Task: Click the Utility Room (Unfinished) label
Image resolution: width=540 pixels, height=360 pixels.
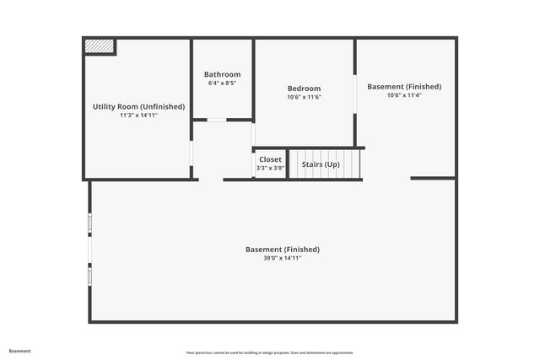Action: (x=138, y=106)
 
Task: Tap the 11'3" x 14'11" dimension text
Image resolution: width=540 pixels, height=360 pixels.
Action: (x=138, y=115)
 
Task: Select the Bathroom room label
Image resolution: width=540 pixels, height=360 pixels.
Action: (x=222, y=74)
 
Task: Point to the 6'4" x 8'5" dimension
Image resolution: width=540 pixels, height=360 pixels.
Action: (x=222, y=83)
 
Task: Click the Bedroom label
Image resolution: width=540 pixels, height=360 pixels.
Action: (x=304, y=89)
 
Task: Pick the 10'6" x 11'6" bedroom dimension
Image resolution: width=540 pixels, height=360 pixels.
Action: (x=304, y=97)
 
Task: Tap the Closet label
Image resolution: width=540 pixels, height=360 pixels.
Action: (x=271, y=159)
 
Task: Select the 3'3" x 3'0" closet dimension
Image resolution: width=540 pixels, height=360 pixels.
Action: (x=271, y=168)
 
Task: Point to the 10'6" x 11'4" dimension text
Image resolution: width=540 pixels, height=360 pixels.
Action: (x=404, y=95)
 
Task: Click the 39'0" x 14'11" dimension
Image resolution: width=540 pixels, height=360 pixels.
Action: (x=283, y=258)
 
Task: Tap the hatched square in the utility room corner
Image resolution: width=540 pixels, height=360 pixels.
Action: (x=100, y=47)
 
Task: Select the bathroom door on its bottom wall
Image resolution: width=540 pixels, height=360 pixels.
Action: (x=217, y=120)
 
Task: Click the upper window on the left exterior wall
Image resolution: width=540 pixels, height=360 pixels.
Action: (x=89, y=223)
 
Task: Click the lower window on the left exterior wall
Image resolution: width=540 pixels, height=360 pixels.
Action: (x=89, y=275)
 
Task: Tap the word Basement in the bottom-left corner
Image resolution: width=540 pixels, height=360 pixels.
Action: (x=19, y=351)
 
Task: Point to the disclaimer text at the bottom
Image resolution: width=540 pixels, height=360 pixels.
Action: (x=270, y=352)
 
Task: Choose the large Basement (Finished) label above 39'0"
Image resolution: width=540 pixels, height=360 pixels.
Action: (x=283, y=250)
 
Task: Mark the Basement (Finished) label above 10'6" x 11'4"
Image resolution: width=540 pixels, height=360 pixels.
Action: (x=404, y=86)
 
